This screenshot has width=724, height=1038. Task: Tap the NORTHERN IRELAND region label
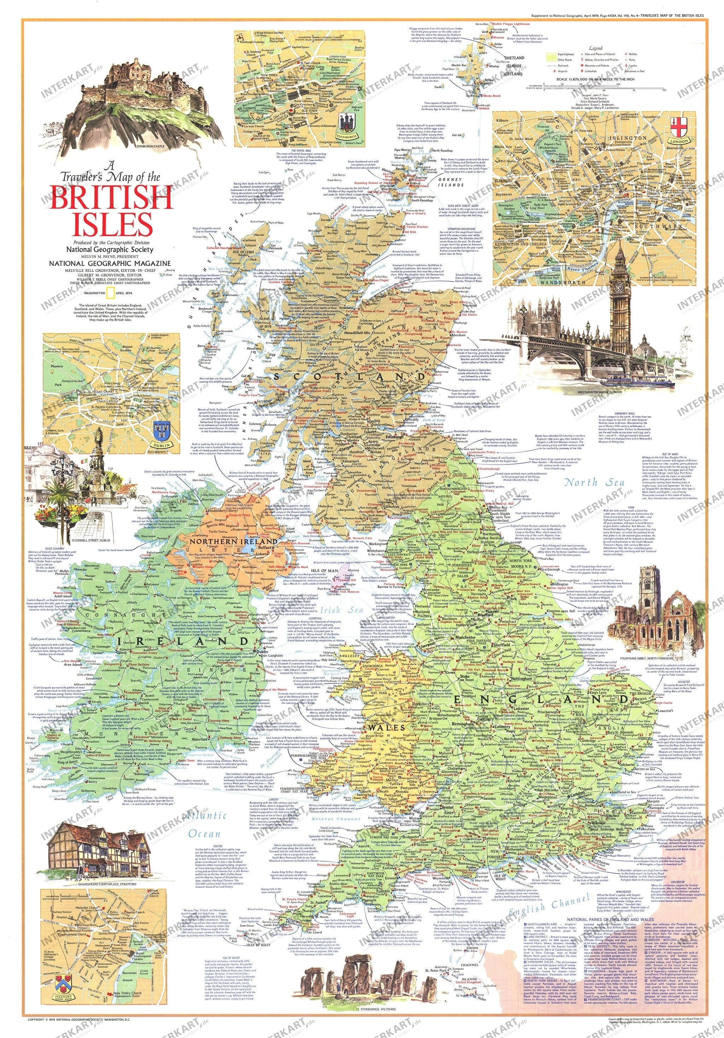click(233, 541)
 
